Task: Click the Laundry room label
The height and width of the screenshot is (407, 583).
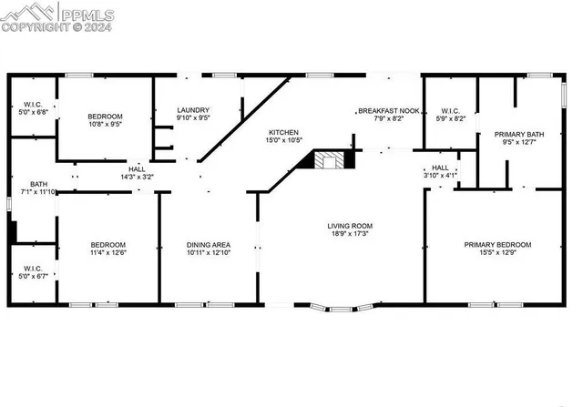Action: pyautogui.click(x=192, y=109)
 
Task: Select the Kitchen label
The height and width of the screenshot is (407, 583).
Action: pyautogui.click(x=282, y=132)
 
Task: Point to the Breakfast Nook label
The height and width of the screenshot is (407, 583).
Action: pyautogui.click(x=388, y=110)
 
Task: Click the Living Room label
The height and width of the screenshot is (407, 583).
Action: pyautogui.click(x=350, y=226)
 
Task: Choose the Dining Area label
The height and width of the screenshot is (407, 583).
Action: pyautogui.click(x=208, y=244)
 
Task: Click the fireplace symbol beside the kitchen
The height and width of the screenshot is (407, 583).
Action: pyautogui.click(x=330, y=161)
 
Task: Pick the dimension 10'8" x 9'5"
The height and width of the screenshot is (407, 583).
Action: pyautogui.click(x=105, y=125)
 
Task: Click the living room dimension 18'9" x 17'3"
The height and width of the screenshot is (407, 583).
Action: pyautogui.click(x=350, y=234)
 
